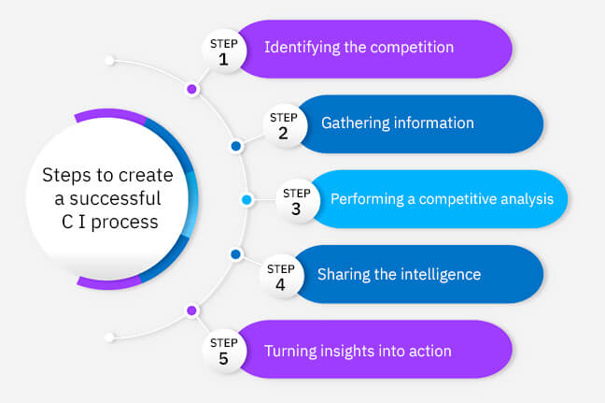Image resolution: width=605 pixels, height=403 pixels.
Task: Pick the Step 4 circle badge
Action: [281, 275]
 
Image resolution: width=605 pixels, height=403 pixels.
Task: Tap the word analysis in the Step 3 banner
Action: [527, 199]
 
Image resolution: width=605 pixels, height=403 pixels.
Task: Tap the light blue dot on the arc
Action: [246, 200]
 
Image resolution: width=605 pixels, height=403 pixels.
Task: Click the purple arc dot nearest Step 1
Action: [192, 90]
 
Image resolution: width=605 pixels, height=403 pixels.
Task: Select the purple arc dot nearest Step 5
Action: [192, 309]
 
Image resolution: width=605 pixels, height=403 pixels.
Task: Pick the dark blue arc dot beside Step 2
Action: [236, 146]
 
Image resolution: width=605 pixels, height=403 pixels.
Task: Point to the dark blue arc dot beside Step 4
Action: [236, 254]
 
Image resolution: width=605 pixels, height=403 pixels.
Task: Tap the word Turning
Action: [290, 351]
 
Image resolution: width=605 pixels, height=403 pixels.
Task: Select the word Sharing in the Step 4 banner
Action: [345, 274]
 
